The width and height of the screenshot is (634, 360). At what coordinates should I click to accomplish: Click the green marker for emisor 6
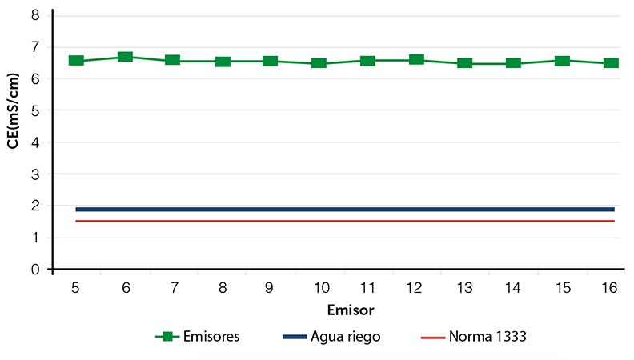tap(126, 57)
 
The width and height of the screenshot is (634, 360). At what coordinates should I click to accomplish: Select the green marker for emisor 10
tap(319, 62)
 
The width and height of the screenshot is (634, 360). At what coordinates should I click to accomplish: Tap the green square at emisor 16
tap(611, 62)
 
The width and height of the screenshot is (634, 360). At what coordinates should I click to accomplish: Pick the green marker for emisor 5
tap(76, 61)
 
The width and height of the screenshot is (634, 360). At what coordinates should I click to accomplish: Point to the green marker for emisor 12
tap(416, 60)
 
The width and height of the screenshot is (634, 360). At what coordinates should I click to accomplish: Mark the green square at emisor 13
tap(465, 62)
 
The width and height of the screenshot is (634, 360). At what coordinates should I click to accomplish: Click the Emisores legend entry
tap(198, 336)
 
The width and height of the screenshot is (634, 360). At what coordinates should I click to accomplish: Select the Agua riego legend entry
tap(331, 337)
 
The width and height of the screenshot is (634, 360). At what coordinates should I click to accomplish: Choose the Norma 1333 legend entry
tap(474, 336)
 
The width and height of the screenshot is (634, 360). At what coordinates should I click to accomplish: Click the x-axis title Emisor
tap(351, 310)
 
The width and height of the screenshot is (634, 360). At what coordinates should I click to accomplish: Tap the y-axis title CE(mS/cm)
tap(13, 110)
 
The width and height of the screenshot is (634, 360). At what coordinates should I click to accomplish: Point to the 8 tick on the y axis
tap(35, 15)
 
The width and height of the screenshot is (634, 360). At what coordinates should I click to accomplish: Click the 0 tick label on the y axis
tap(35, 270)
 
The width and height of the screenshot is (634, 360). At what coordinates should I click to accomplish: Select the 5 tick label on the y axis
tap(35, 110)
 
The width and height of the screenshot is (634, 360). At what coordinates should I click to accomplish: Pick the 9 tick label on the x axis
tap(269, 288)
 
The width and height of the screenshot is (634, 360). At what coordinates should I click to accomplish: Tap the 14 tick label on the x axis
tap(512, 288)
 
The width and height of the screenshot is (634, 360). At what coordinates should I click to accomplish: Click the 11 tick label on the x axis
tap(367, 288)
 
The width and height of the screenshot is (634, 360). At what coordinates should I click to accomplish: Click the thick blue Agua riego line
tap(345, 210)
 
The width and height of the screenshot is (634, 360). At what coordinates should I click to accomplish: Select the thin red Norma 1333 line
tap(345, 221)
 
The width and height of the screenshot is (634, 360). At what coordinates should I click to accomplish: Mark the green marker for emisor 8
tap(223, 62)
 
